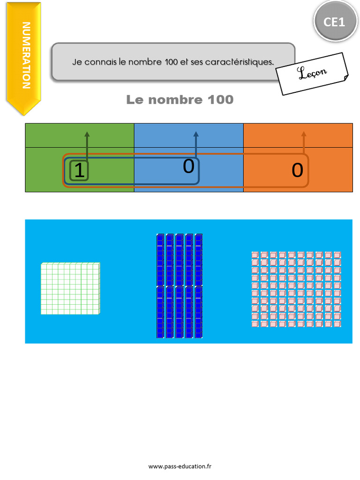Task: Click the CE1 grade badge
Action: (335, 22)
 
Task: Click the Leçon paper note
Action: (312, 73)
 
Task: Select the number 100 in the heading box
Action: (171, 62)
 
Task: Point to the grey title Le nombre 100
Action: (180, 100)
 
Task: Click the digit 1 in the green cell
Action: (80, 171)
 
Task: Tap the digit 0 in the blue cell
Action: (188, 166)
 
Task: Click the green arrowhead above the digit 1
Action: (87, 134)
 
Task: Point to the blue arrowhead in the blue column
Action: (196, 134)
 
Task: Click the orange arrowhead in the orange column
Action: (304, 134)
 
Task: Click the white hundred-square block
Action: (70, 288)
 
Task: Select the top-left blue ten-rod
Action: (160, 259)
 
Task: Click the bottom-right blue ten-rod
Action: (199, 312)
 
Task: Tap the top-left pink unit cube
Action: (255, 255)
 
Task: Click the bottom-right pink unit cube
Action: (337, 323)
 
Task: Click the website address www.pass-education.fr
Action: (180, 466)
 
